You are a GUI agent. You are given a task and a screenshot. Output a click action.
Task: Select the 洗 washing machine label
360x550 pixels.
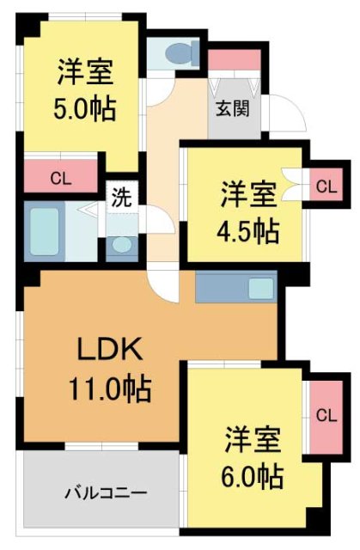[121, 196]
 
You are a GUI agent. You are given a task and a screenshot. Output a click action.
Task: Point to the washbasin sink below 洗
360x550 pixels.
[122, 244]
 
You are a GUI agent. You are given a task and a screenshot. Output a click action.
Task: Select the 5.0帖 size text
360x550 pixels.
[82, 111]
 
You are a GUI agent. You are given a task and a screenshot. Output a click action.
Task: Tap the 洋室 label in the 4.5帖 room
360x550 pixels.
[247, 193]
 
